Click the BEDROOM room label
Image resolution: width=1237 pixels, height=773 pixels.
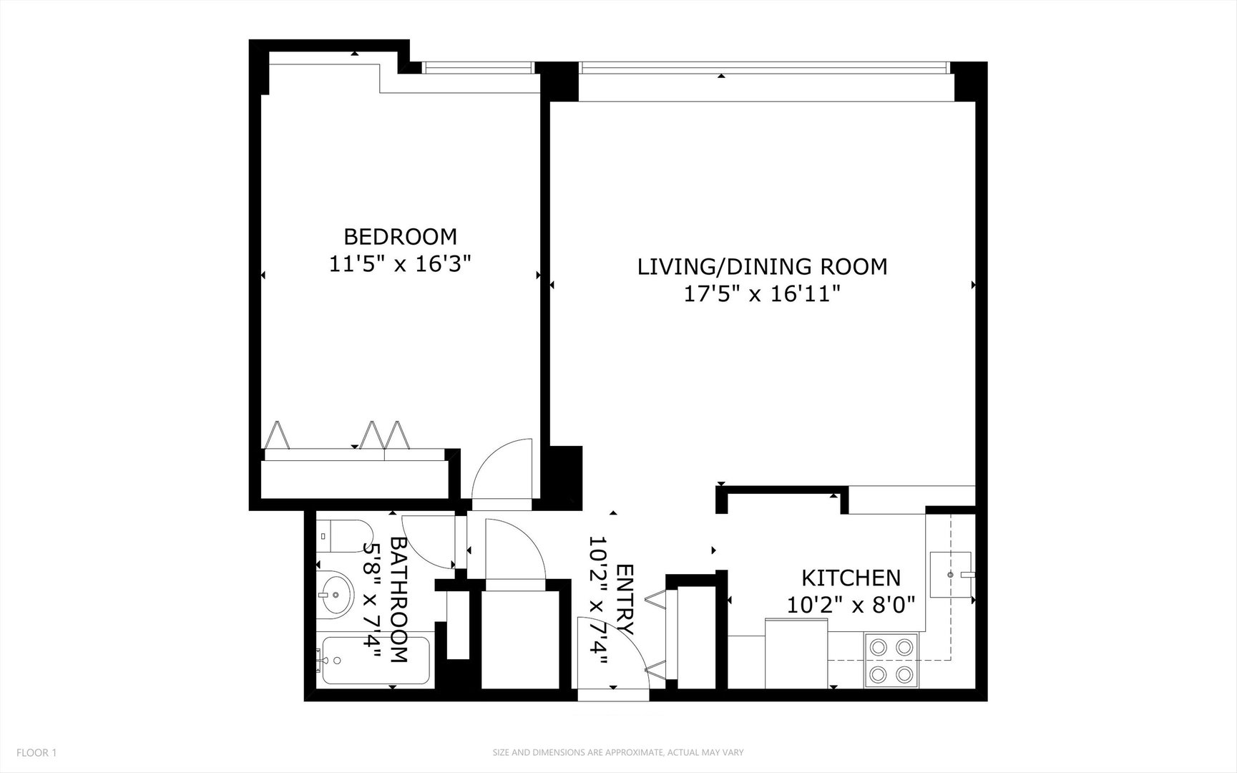pyautogui.click(x=400, y=236)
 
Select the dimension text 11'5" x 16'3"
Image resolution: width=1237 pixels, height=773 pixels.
pyautogui.click(x=400, y=264)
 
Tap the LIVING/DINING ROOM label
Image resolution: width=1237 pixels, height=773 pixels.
pyautogui.click(x=762, y=266)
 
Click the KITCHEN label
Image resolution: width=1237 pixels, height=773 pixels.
pyautogui.click(x=851, y=578)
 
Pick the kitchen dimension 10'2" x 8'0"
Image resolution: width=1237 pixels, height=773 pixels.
pyautogui.click(x=851, y=606)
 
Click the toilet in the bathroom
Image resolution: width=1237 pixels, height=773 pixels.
pyautogui.click(x=340, y=535)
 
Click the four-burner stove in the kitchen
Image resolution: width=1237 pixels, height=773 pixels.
pyautogui.click(x=891, y=660)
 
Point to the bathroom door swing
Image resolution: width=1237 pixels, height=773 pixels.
pyautogui.click(x=427, y=540)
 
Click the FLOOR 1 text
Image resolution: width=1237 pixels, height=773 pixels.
pyautogui.click(x=36, y=752)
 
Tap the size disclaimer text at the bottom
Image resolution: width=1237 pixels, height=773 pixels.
pyautogui.click(x=618, y=752)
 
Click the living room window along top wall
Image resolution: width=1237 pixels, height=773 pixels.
pyautogui.click(x=764, y=68)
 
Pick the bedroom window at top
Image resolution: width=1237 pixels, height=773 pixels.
pyautogui.click(x=478, y=67)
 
